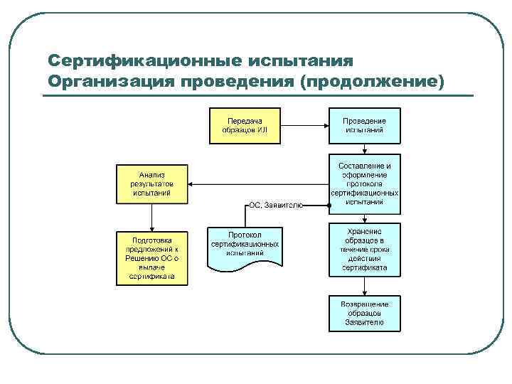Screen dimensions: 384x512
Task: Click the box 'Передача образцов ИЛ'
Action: [244, 125]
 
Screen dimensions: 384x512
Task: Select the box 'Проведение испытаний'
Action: [364, 125]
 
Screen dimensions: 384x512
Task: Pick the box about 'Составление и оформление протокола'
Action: [364, 183]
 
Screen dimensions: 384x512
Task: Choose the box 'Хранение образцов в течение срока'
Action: [364, 250]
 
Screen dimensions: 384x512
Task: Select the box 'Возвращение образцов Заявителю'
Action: [364, 314]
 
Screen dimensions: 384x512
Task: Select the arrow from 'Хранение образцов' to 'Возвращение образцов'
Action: [364, 286]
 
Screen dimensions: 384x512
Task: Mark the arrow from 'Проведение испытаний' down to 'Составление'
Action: [364, 149]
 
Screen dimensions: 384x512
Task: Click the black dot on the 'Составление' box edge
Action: [329, 207]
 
